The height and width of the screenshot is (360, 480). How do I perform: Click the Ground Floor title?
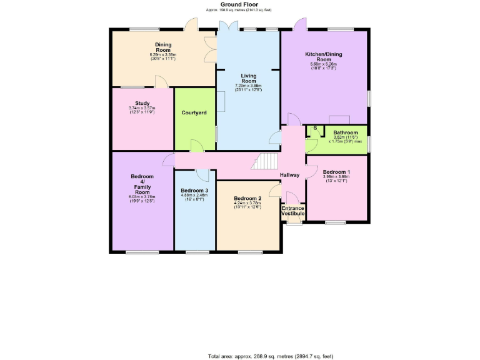[x=239, y=4]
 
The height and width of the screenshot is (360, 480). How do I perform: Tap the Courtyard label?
[x=194, y=112]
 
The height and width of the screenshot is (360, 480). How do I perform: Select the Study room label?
[x=142, y=104]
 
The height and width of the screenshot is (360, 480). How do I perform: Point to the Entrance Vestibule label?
[x=292, y=211]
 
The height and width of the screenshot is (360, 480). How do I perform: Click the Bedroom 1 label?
[x=336, y=172]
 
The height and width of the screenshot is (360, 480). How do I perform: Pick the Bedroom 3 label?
[x=194, y=190]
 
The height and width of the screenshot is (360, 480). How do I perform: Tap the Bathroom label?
[x=345, y=132]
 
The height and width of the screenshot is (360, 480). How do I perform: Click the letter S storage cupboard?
[x=315, y=129]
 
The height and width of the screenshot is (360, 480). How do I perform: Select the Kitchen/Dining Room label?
[x=323, y=57]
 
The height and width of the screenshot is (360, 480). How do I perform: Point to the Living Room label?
[x=249, y=78]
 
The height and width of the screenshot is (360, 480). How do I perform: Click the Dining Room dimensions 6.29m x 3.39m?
[x=163, y=55]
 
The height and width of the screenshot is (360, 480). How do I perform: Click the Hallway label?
[x=290, y=175]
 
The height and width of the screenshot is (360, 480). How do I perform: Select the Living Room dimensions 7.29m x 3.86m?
[x=249, y=87]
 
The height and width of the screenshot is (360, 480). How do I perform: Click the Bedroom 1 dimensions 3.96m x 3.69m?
[x=336, y=179]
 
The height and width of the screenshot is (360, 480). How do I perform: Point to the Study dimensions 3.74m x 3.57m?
[x=142, y=110]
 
